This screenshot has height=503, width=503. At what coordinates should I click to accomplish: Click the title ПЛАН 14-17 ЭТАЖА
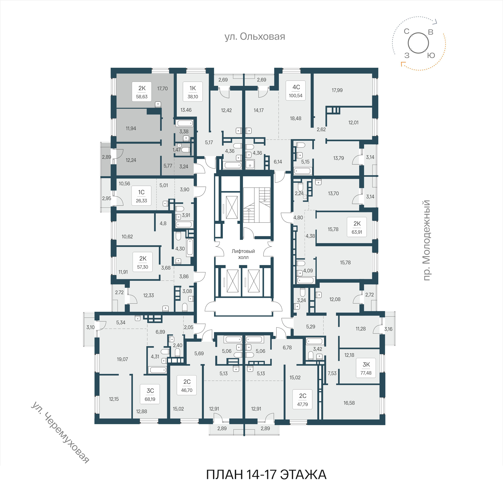pos(266,475)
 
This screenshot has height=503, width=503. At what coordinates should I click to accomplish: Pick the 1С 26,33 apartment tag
pos(141,196)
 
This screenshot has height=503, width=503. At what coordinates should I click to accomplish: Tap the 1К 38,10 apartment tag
pos(193,92)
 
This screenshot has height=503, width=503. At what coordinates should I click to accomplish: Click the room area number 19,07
pos(122,359)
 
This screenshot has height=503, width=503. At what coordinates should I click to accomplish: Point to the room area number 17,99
pos(337,90)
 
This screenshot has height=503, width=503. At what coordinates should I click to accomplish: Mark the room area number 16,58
pos(349,403)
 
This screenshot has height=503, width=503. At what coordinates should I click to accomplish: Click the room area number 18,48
pos(296,118)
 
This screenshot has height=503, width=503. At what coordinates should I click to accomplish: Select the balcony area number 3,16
pos(388,329)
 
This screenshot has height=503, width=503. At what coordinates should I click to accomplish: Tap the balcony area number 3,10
pos(91,327)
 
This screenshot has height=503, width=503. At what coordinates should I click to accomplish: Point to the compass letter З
pos(407,55)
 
